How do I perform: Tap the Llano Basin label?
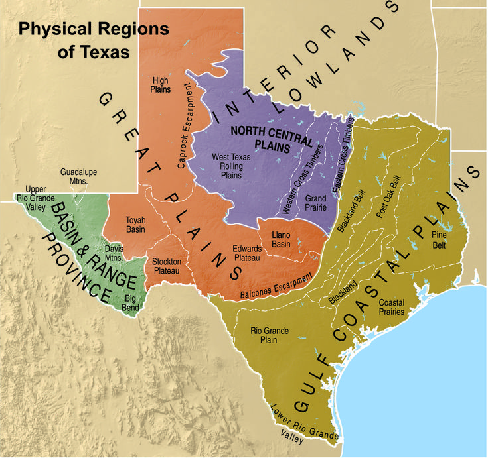tap(285, 241)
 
